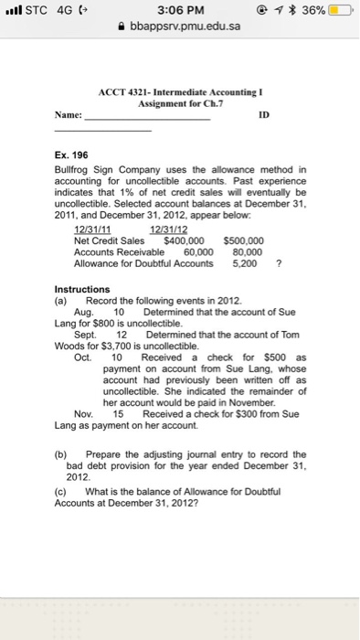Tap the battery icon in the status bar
(341, 10)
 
